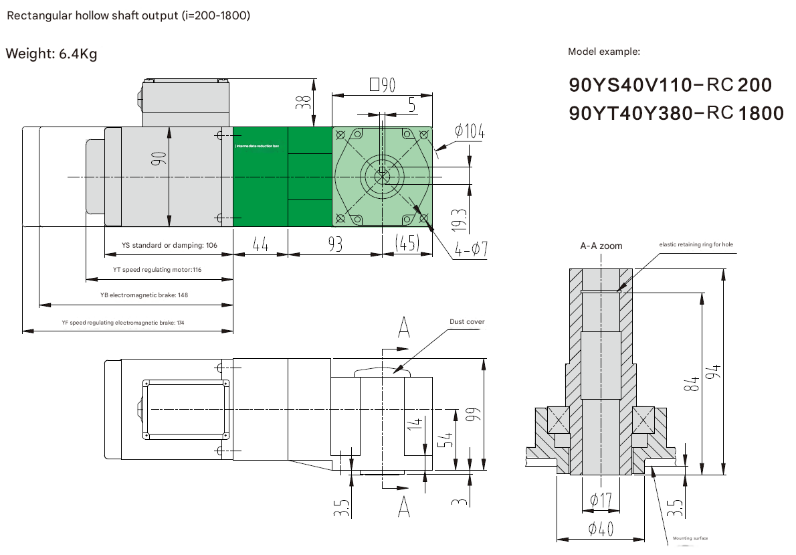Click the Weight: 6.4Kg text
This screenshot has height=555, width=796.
click(x=51, y=54)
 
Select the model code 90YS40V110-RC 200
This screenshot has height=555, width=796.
click(x=670, y=85)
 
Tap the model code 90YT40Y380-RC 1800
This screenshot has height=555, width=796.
click(x=676, y=114)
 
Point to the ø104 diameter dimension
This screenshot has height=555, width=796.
click(x=469, y=132)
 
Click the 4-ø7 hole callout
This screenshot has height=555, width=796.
click(x=471, y=251)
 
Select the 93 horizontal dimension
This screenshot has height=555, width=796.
click(x=334, y=245)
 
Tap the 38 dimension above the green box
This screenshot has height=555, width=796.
click(x=304, y=101)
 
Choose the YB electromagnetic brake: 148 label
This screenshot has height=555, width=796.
click(x=144, y=295)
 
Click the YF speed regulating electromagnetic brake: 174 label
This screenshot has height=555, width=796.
click(x=122, y=323)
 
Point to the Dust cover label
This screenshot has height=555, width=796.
click(x=467, y=322)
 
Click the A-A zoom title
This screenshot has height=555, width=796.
click(x=601, y=246)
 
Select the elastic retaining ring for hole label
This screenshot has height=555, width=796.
click(x=696, y=244)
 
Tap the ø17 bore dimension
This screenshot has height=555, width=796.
click(x=601, y=499)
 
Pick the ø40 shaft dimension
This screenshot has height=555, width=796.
click(x=601, y=530)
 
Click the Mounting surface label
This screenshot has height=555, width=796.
click(x=690, y=538)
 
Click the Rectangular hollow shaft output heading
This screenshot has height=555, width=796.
click(x=128, y=15)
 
